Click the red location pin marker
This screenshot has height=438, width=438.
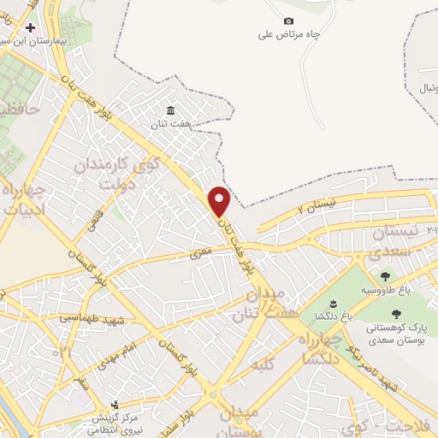coord(220,201)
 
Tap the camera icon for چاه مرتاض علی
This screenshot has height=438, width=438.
coord(288,21)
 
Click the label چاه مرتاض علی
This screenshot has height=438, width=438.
coord(288,36)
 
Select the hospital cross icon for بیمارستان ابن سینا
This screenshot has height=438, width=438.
coord(31,27)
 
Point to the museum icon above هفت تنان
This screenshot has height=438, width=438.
coord(169,110)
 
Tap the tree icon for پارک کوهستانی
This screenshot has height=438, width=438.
coord(395,313)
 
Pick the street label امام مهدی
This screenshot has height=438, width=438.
coord(112,351)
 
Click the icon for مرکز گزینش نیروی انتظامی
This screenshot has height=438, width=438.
coord(115,404)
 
